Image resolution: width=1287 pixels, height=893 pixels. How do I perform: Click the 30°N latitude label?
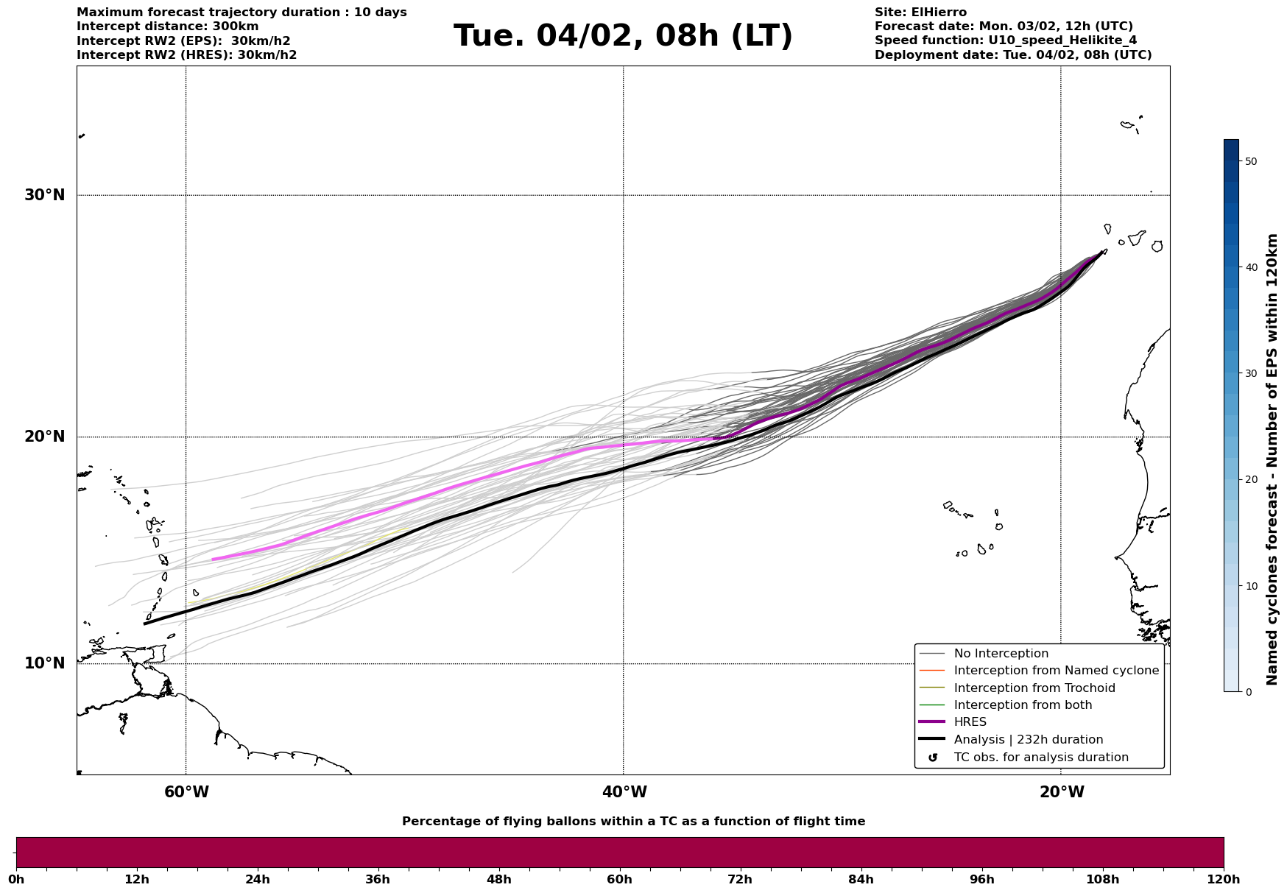pyautogui.click(x=44, y=195)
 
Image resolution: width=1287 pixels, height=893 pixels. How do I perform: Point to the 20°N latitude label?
pyautogui.click(x=44, y=437)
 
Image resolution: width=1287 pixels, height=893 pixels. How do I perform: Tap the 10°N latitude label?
pyautogui.click(x=44, y=663)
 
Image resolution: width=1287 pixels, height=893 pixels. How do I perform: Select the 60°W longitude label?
pyautogui.click(x=186, y=792)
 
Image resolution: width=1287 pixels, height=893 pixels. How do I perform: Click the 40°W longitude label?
pyautogui.click(x=624, y=792)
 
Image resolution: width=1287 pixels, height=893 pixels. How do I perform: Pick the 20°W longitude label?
pyautogui.click(x=1062, y=792)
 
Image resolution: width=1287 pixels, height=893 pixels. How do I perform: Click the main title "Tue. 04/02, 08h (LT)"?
pyautogui.click(x=623, y=36)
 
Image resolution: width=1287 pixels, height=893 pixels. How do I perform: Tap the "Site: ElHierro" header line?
pyautogui.click(x=920, y=13)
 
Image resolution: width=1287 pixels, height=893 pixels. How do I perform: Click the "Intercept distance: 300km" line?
pyautogui.click(x=167, y=27)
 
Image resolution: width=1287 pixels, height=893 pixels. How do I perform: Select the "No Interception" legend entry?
pyautogui.click(x=1001, y=654)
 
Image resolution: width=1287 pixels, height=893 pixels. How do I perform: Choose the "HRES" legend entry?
pyautogui.click(x=970, y=722)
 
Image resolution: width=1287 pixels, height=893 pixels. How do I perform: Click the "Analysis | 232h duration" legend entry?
pyautogui.click(x=1028, y=740)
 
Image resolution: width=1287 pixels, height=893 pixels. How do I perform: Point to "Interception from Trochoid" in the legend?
pyautogui.click(x=1034, y=688)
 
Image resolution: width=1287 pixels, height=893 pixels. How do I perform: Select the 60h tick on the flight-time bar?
pyautogui.click(x=619, y=879)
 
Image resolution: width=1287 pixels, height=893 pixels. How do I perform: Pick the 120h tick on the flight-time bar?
pyautogui.click(x=1224, y=879)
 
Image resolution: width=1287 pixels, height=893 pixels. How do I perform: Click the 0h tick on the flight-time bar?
pyautogui.click(x=16, y=879)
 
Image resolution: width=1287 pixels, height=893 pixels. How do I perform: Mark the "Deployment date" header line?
pyautogui.click(x=1012, y=55)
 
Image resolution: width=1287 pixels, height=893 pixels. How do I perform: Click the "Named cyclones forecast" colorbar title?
pyautogui.click(x=1272, y=459)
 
